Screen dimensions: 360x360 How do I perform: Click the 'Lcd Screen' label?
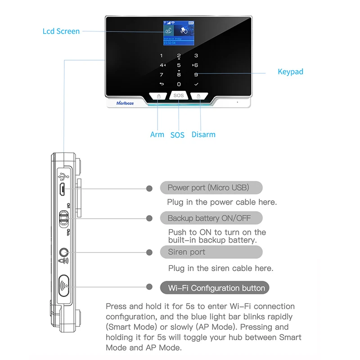(x=61, y=31)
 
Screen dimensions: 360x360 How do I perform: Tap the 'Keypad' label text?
(x=290, y=72)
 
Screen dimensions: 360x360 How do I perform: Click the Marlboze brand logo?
(x=125, y=103)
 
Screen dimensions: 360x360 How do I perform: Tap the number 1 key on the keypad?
(x=162, y=56)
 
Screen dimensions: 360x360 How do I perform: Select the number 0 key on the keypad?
(x=179, y=84)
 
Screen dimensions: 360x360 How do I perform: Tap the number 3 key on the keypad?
(x=196, y=56)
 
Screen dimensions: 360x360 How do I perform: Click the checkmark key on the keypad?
(x=196, y=84)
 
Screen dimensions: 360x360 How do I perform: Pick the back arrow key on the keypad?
(x=162, y=84)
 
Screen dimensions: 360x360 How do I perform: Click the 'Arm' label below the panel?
(x=157, y=135)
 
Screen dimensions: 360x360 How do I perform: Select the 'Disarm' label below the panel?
(x=203, y=135)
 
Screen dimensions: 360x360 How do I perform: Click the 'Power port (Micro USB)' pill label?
(x=208, y=188)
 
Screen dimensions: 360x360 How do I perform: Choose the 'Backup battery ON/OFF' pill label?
(x=209, y=218)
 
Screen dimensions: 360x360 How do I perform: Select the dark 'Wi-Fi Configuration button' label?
(x=215, y=288)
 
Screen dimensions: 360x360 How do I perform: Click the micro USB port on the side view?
(x=63, y=189)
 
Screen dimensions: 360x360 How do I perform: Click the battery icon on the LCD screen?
(x=192, y=22)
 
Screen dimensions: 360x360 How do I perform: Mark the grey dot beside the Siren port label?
(x=149, y=252)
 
